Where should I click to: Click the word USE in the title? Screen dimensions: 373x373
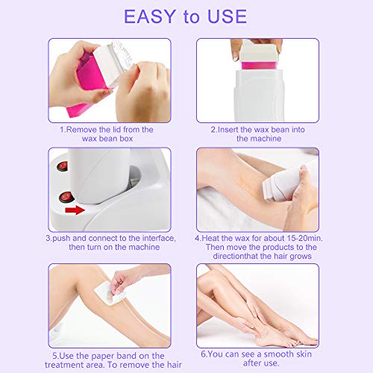click(241, 16)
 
